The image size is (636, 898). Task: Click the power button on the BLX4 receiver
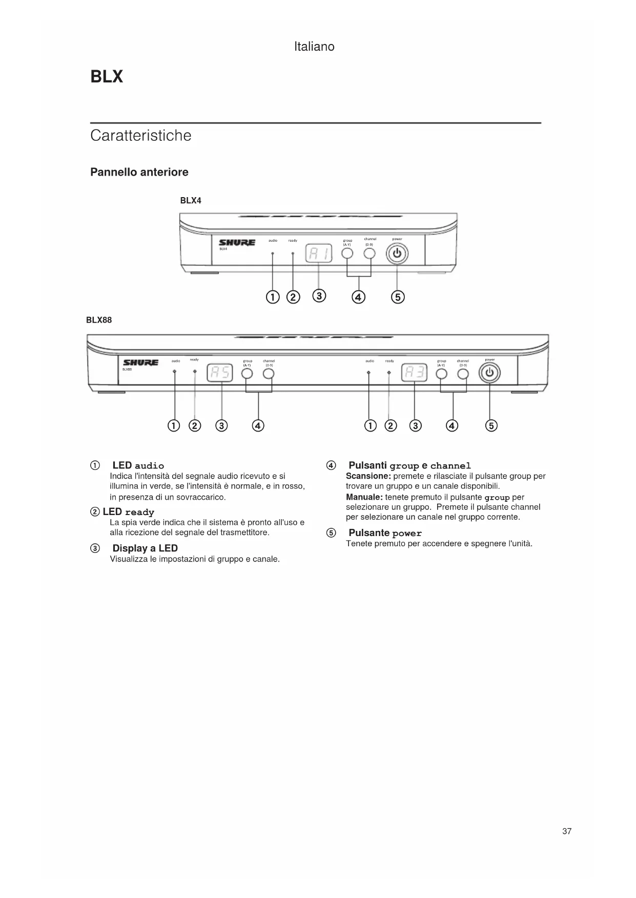pos(397,254)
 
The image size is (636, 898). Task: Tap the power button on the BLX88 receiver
pos(489,374)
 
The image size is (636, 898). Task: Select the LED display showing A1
pos(319,253)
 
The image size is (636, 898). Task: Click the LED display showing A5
pos(219,374)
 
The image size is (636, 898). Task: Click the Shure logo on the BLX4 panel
pos(237,243)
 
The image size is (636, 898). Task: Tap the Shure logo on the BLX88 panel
pos(141,362)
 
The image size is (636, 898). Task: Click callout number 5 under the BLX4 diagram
pos(398,297)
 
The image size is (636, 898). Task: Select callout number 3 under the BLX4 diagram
pos(319,296)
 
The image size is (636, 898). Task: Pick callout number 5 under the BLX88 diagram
pos(491,426)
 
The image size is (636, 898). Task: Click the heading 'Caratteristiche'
pos(140,136)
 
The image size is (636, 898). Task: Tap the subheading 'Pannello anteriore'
pos(139,172)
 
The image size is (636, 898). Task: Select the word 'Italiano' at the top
pos(314,47)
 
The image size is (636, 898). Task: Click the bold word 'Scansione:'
pos(368,476)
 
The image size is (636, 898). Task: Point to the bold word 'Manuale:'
pos(364,497)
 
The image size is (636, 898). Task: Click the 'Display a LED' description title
pos(145,548)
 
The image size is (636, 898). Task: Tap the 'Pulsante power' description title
pos(385,533)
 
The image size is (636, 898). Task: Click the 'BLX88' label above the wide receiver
pos(99,320)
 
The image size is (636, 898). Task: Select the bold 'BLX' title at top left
pos(107,77)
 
